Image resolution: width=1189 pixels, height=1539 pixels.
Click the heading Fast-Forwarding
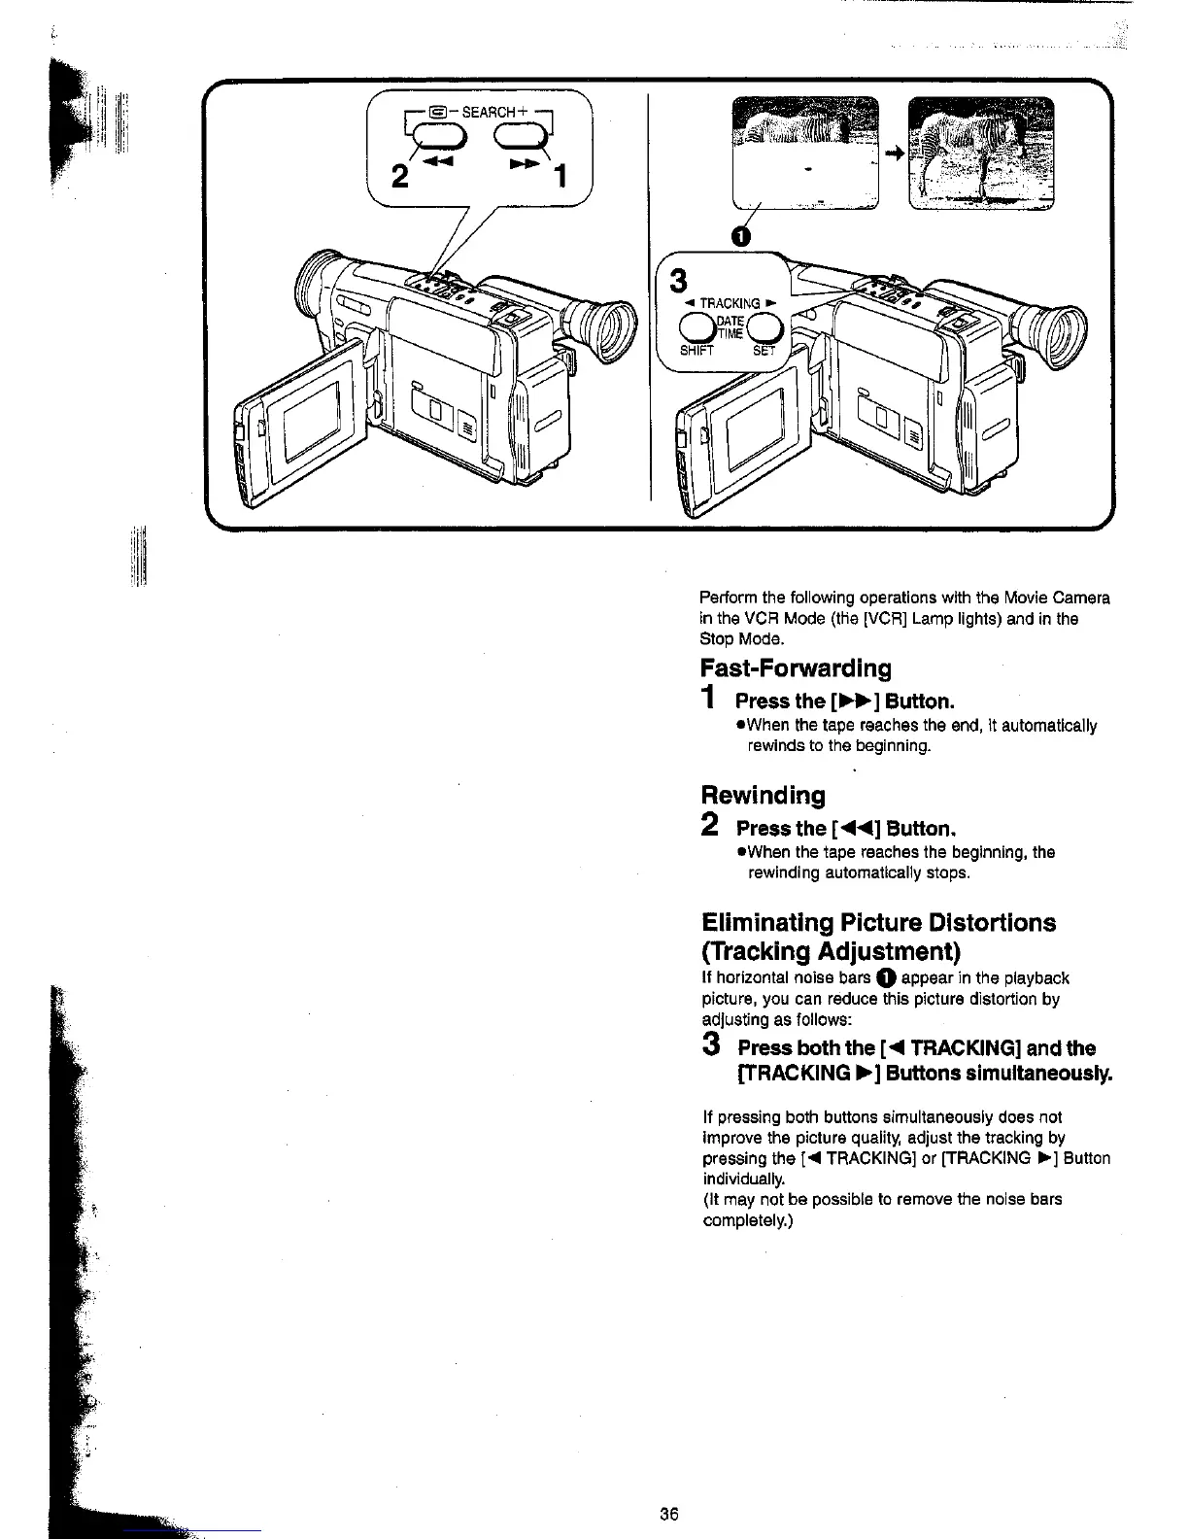click(796, 668)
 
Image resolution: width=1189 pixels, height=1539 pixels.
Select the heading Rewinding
click(763, 796)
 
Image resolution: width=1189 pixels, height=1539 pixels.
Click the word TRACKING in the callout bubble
click(730, 303)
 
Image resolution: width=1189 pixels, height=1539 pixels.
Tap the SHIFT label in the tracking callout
click(696, 351)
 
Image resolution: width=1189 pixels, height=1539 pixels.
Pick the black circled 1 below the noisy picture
click(740, 236)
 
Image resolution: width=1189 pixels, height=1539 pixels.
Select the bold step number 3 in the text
click(712, 1045)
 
